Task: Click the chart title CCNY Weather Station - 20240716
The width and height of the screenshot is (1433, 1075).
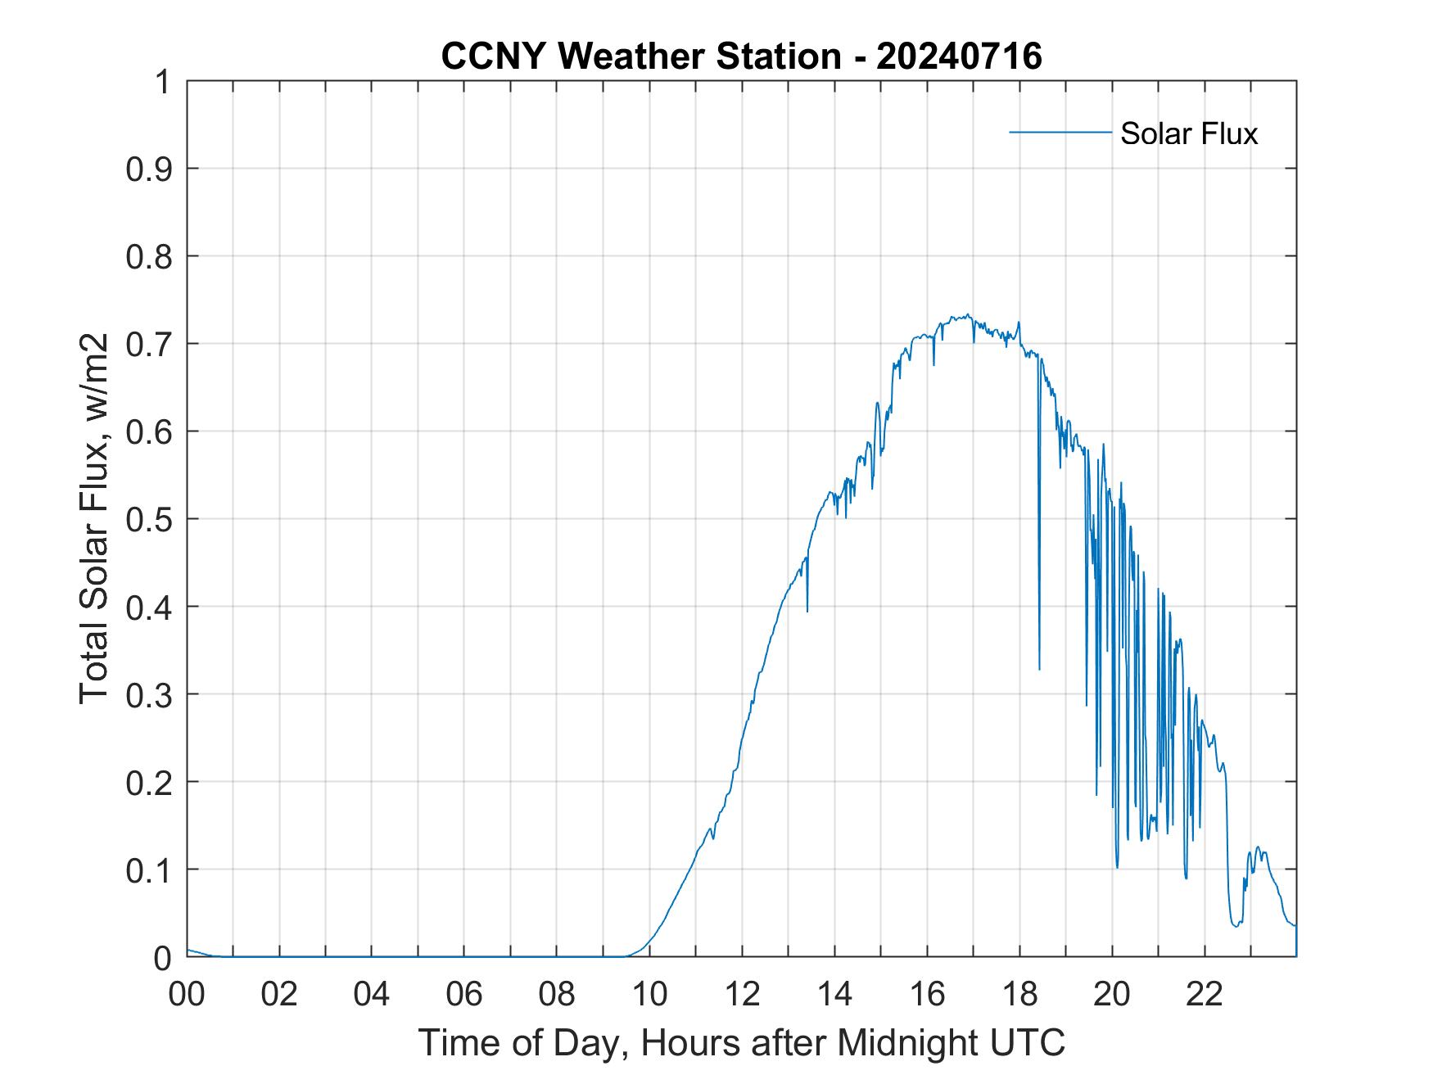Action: (741, 56)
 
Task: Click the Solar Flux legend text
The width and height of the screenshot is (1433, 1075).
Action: (1188, 133)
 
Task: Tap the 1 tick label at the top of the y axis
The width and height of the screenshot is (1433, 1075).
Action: (164, 82)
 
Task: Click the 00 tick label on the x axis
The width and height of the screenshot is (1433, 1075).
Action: (188, 994)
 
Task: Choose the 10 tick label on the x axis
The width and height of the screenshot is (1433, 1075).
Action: (649, 994)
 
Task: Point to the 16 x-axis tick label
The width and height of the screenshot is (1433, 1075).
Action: (927, 994)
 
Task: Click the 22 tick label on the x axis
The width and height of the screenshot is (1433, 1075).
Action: (1205, 994)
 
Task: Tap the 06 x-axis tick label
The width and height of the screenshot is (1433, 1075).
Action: (464, 994)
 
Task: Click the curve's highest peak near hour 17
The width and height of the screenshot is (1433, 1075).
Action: (968, 314)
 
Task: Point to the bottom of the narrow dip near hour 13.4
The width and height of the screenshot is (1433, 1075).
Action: (807, 611)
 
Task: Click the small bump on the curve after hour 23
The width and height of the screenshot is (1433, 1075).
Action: (1257, 848)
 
